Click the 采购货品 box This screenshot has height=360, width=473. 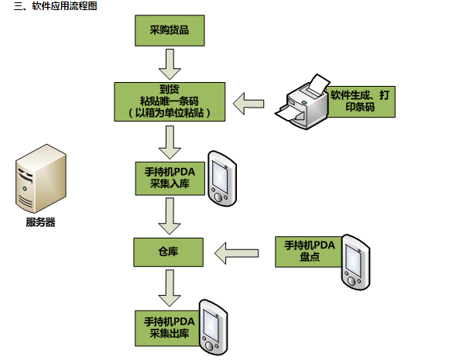[169, 32]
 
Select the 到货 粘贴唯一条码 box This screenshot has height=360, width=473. [169, 101]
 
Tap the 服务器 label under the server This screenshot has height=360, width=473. [40, 223]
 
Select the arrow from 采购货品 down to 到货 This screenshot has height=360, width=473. [169, 63]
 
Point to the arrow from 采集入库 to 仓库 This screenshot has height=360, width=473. [169, 215]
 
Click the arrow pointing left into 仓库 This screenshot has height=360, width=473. [236, 251]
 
